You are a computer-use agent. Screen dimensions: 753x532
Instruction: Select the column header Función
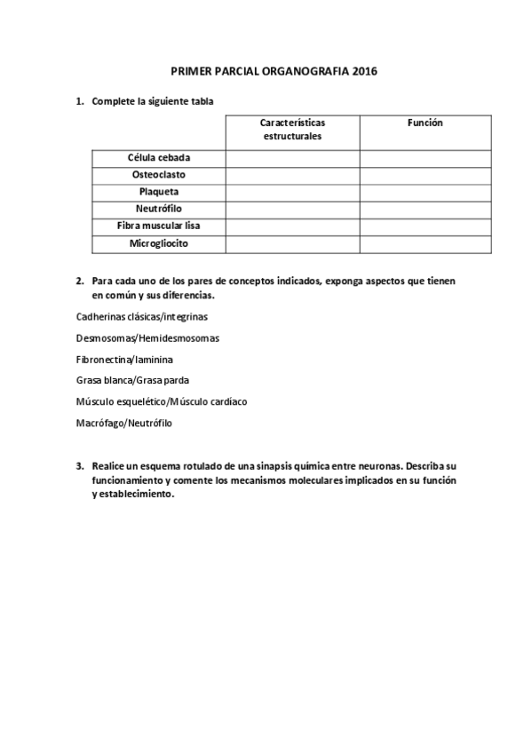click(x=425, y=123)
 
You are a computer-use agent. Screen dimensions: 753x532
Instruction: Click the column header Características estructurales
click(x=292, y=130)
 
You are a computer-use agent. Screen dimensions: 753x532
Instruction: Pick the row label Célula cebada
click(x=159, y=158)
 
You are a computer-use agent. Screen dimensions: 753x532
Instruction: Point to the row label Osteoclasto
click(x=159, y=175)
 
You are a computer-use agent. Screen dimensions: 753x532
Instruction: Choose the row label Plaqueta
click(x=159, y=192)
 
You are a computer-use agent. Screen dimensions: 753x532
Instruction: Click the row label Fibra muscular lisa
click(x=159, y=226)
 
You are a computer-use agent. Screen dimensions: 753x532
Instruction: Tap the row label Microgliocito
click(x=159, y=242)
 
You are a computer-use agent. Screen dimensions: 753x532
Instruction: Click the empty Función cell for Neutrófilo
click(x=425, y=209)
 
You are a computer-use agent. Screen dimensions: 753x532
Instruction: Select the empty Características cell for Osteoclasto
click(x=292, y=175)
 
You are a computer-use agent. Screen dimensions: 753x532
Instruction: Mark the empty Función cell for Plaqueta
click(x=425, y=192)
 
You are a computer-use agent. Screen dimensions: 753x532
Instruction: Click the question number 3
click(x=80, y=465)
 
